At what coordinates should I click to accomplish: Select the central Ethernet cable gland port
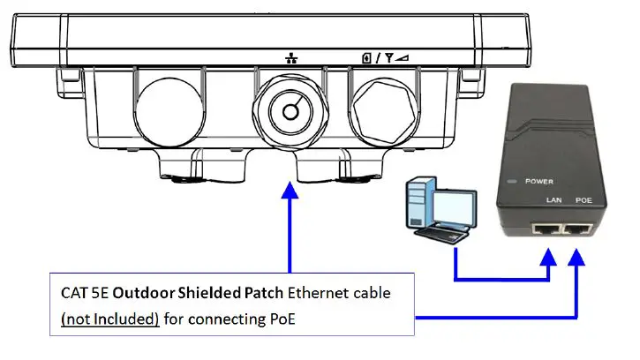(289, 111)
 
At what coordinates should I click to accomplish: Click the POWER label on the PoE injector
(538, 181)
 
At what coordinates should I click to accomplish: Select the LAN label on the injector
(554, 201)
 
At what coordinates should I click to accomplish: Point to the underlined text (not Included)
(109, 318)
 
